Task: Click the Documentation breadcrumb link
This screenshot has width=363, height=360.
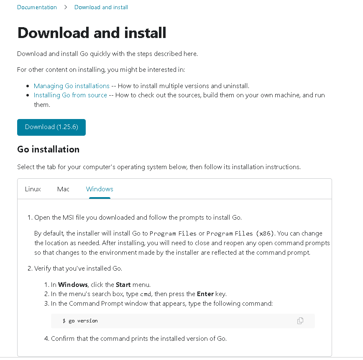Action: click(x=37, y=7)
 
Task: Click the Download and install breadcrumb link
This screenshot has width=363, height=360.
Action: click(x=101, y=7)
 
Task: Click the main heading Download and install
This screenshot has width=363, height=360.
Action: click(x=92, y=33)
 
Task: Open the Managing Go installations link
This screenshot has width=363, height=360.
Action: click(x=72, y=86)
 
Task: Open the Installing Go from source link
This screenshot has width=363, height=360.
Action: click(x=70, y=95)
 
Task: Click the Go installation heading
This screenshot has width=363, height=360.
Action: click(x=48, y=150)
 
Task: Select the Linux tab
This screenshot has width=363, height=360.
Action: click(x=33, y=189)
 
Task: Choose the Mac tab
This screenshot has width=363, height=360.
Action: click(x=63, y=189)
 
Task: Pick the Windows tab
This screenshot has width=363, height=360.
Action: click(x=100, y=189)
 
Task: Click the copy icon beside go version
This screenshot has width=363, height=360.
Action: click(x=300, y=321)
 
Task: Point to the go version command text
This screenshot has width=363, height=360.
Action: click(x=83, y=321)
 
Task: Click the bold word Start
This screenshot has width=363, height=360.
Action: click(x=123, y=285)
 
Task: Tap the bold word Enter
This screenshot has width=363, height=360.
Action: click(x=205, y=294)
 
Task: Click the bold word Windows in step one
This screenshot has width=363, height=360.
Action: click(x=73, y=285)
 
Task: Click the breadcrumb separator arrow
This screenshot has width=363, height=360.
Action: click(x=66, y=7)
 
